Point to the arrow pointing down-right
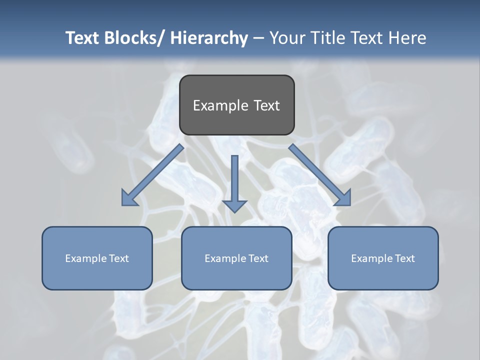(320, 175)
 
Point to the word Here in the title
(407, 38)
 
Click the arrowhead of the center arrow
(234, 205)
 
